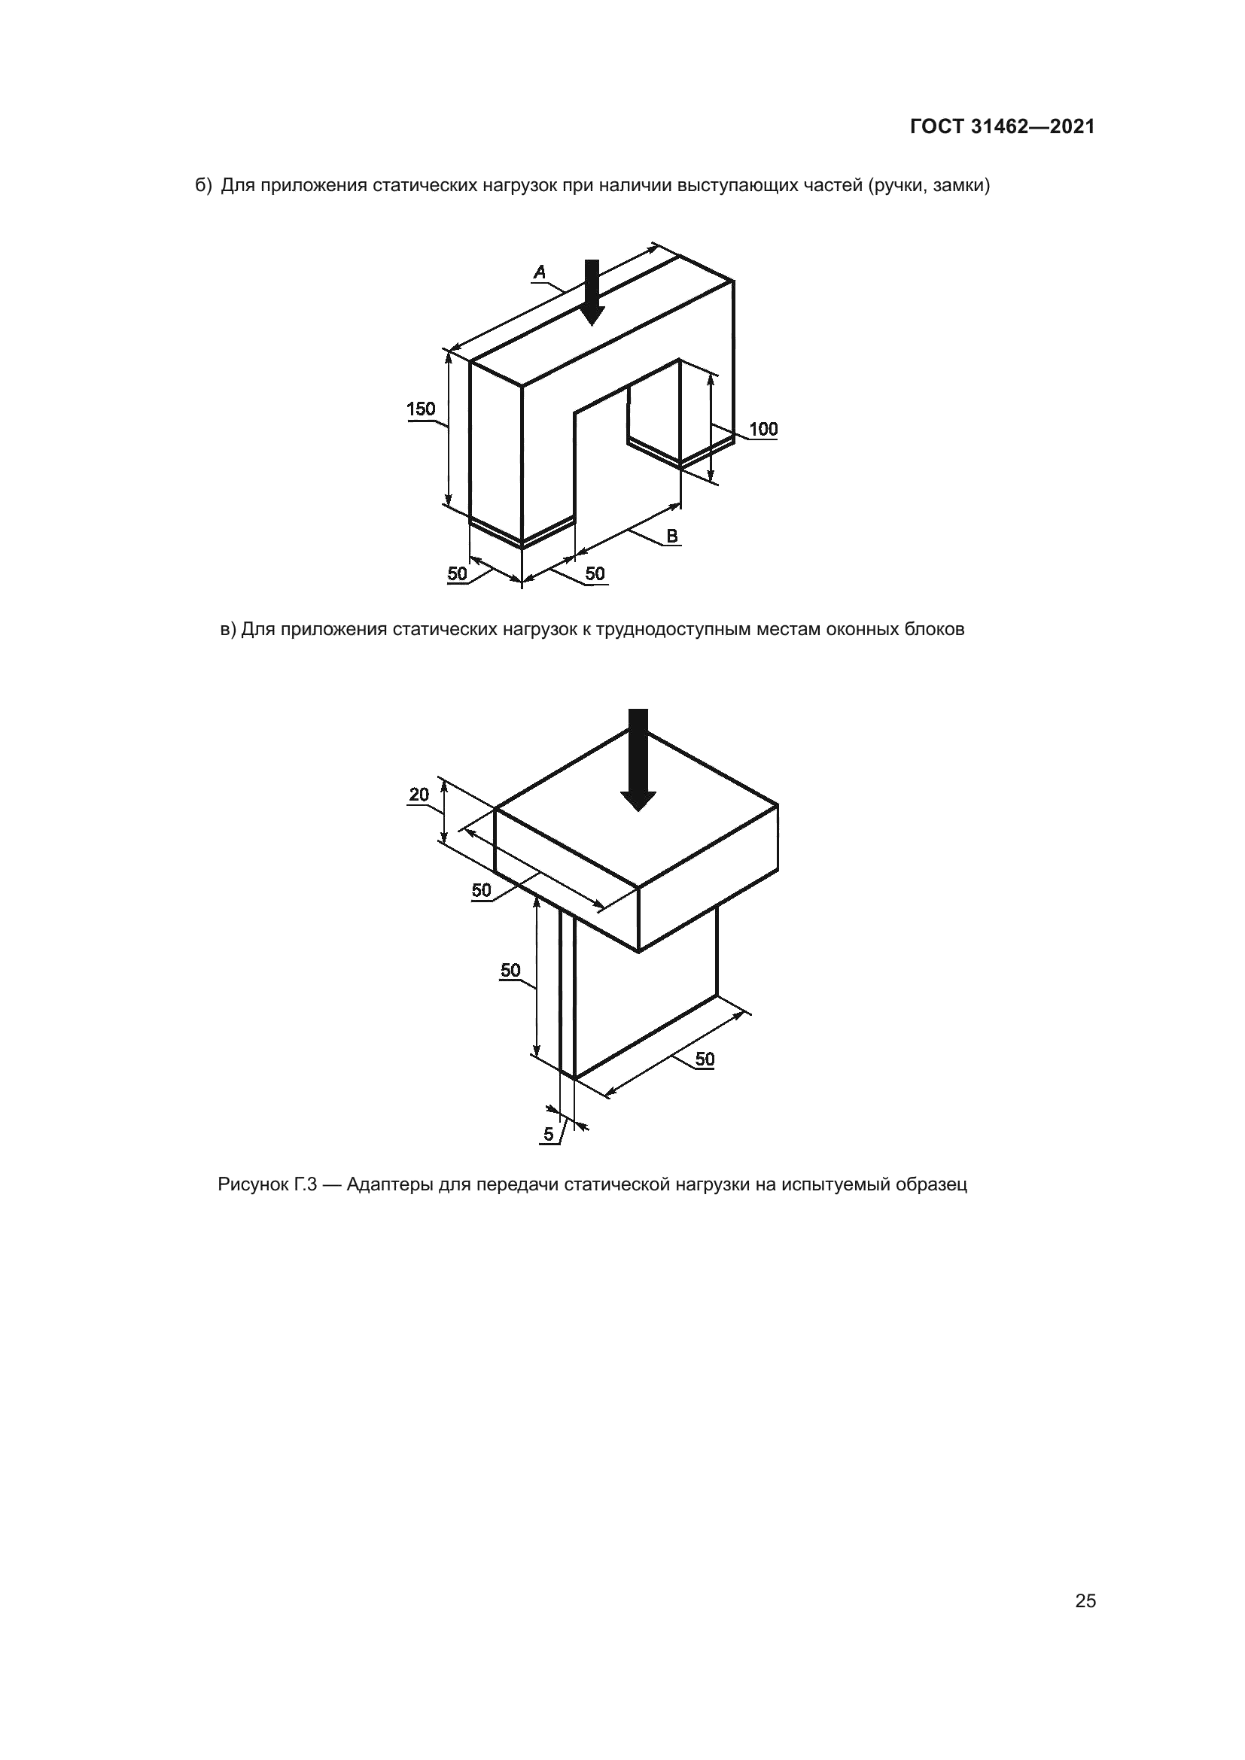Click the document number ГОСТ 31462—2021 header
(1002, 127)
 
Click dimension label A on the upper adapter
(540, 272)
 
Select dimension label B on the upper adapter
(671, 537)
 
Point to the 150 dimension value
(421, 409)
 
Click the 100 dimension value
(763, 429)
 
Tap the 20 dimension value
(419, 795)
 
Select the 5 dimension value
(548, 1135)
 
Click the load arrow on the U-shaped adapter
(591, 293)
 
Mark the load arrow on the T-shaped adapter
(638, 760)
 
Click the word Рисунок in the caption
(252, 1185)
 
